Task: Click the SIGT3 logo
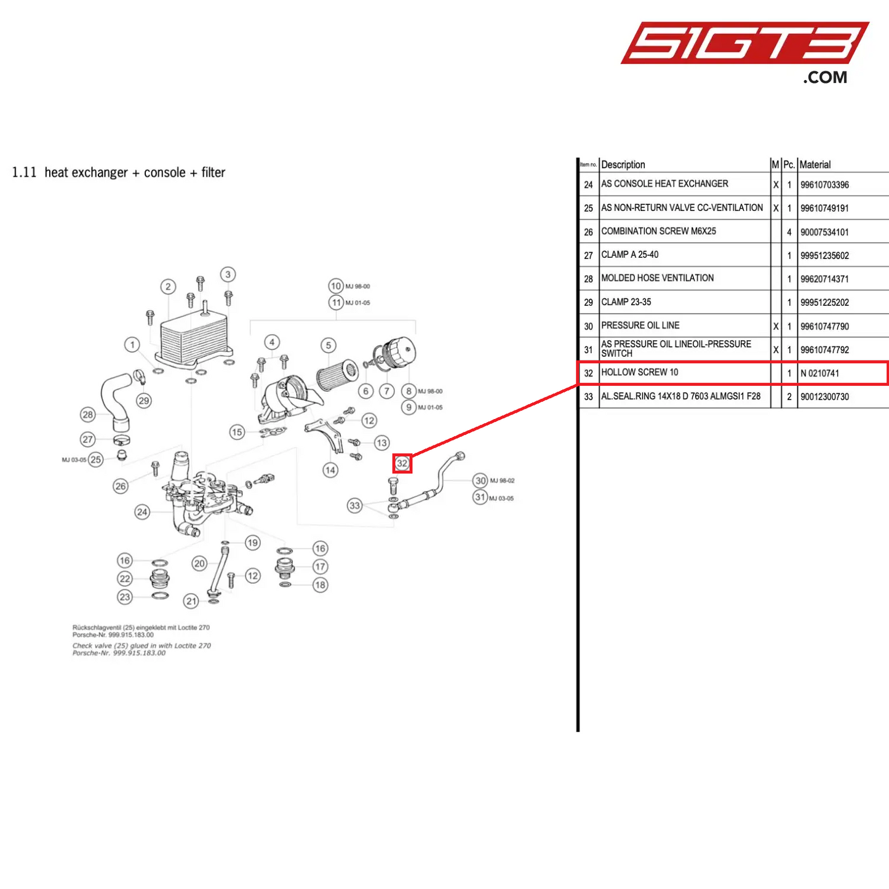click(x=744, y=44)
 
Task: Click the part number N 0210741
click(x=819, y=373)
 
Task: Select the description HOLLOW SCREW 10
click(x=640, y=372)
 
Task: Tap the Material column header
click(x=815, y=165)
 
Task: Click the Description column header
click(x=623, y=165)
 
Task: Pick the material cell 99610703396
click(x=824, y=185)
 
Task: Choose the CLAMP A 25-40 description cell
click(x=630, y=255)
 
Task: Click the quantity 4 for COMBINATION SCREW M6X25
click(x=789, y=232)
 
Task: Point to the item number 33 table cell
click(x=589, y=397)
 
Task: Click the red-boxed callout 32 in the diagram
click(x=402, y=463)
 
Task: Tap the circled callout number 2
click(x=168, y=287)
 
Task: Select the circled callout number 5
click(x=329, y=345)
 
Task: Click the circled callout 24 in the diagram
click(x=142, y=512)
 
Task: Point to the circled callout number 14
click(x=330, y=471)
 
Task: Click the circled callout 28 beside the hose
click(x=88, y=415)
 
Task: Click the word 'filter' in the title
click(x=213, y=173)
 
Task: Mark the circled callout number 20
click(x=199, y=563)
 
